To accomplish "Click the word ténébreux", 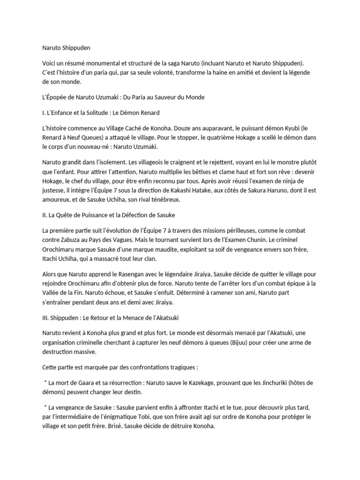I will coord(166,200).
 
